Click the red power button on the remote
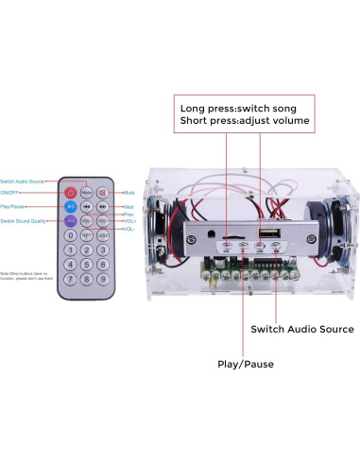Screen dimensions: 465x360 (x=70, y=193)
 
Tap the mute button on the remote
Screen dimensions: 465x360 (x=102, y=193)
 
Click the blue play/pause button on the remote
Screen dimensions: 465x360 (x=70, y=207)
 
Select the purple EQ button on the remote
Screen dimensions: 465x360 (x=70, y=221)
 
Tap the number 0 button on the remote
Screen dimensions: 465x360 (x=70, y=235)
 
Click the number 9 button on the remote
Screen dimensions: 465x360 (x=102, y=279)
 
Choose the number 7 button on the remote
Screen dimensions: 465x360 (x=70, y=279)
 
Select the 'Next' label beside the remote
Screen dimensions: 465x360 (x=128, y=206)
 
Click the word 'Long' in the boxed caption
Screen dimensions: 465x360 (x=195, y=106)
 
